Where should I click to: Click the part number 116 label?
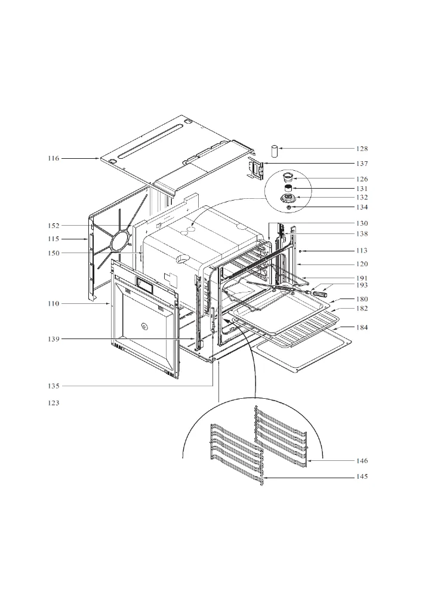pos(54,158)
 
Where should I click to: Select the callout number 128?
pos(362,149)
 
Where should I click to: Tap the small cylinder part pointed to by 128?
pos(275,150)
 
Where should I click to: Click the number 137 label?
pos(362,164)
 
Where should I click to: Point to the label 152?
pos(54,226)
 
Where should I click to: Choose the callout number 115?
pos(54,239)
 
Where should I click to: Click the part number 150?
pos(54,253)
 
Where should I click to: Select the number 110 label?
pos(54,304)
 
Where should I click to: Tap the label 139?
pos(54,339)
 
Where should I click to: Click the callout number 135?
pos(54,386)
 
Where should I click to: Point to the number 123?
pos(54,403)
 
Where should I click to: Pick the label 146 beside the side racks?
pos(362,461)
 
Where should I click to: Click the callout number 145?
pos(362,476)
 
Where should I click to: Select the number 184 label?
pos(362,327)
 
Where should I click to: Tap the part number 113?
pos(362,251)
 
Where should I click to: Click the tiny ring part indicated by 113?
pos(300,251)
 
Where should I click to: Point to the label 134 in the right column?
pos(362,208)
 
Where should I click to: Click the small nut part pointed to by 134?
pos(289,208)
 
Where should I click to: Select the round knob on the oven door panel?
pos(143,325)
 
